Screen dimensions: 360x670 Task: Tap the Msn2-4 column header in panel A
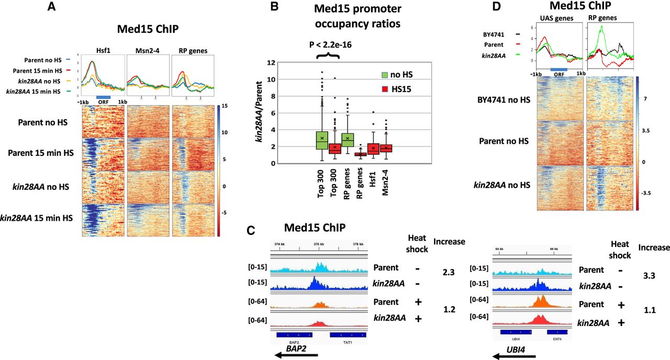tap(148, 51)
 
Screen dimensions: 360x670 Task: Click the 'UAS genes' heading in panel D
tap(557, 18)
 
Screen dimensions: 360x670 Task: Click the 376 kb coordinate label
tap(318, 244)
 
